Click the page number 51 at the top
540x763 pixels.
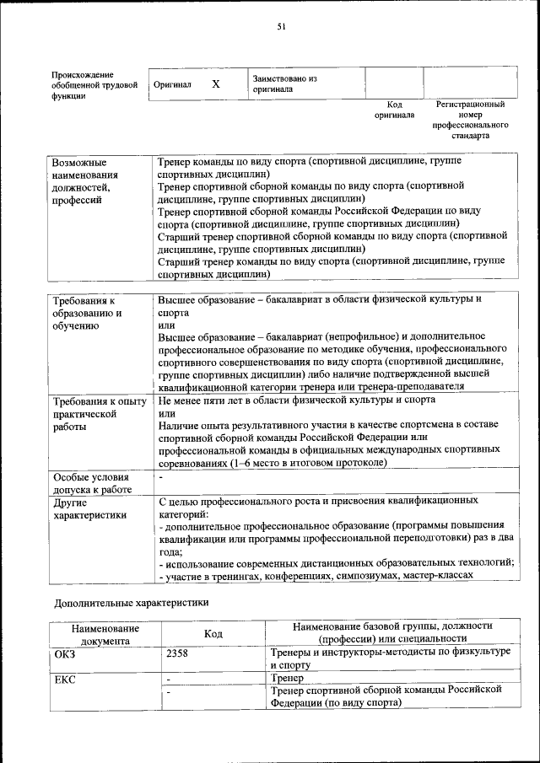pos(282,26)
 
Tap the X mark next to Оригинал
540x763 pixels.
pos(216,84)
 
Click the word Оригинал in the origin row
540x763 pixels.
pos(172,85)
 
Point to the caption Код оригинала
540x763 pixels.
pos(394,110)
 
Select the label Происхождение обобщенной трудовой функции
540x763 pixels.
pos(94,85)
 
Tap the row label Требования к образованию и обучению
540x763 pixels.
pos(87,313)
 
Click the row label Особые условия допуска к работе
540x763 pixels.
pos(92,482)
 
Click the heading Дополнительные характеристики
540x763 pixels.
pos(131,604)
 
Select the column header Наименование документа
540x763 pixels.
pos(105,634)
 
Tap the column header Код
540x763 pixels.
pos(213,633)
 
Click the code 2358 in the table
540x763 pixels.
pos(177,653)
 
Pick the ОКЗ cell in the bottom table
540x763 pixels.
pos(65,653)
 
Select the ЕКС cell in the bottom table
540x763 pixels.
pos(65,679)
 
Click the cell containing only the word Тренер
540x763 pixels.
pos(288,678)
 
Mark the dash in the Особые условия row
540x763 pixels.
pos(160,476)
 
